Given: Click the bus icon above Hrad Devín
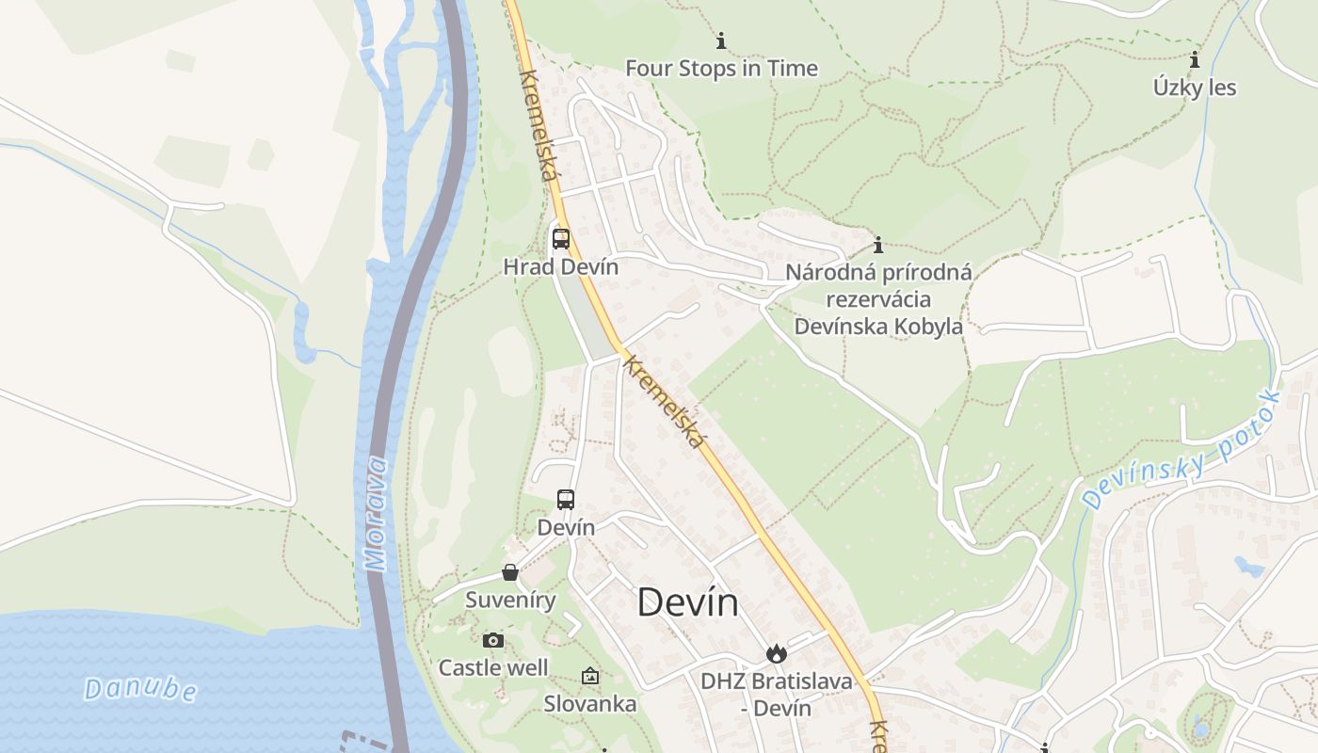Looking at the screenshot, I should point(561,238).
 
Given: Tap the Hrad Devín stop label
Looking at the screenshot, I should point(561,266).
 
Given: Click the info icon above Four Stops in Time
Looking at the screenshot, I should point(721,40).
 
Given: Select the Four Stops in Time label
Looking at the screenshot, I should point(721,69).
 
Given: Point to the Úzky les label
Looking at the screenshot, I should point(1195,88).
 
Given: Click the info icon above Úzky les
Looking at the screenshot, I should point(1195,59).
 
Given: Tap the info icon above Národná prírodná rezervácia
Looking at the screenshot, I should point(878,246).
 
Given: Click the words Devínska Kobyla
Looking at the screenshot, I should point(878,327).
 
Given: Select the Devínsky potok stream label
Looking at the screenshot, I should point(1181,450).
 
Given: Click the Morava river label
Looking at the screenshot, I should point(377,514).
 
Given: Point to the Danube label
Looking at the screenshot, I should point(141,689).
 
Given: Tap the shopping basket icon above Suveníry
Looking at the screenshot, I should point(510,572).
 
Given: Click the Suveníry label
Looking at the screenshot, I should point(510,600).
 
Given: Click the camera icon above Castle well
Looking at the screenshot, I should point(492,641).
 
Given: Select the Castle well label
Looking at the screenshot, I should point(493,668).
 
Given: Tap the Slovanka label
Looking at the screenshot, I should point(590,704).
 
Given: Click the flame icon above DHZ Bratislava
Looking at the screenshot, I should point(776,653).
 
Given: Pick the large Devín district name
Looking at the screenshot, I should point(688,602).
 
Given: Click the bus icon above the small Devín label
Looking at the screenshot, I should point(566,500).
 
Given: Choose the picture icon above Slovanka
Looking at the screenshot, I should point(590,676).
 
